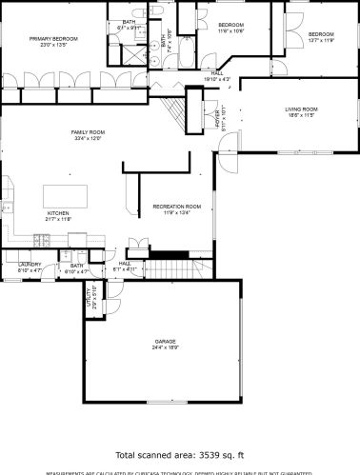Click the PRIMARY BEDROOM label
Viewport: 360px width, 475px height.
[52, 38]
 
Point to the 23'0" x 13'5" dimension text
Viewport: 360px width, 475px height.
[52, 44]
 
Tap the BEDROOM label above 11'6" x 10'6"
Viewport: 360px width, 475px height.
[231, 24]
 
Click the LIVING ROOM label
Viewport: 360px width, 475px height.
[300, 109]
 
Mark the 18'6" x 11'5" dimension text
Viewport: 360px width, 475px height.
[300, 116]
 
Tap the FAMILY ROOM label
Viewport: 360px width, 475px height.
[88, 131]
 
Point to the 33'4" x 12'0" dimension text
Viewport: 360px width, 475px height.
[88, 138]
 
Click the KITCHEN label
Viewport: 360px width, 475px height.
[59, 213]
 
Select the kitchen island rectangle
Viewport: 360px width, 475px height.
[67, 194]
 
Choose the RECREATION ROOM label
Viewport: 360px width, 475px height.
[177, 206]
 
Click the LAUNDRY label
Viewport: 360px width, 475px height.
[30, 266]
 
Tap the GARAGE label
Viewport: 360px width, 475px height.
[166, 341]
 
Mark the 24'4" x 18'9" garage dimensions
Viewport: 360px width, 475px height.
[166, 347]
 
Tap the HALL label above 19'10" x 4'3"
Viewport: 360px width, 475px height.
[217, 72]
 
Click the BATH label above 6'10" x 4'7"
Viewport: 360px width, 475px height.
[77, 267]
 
